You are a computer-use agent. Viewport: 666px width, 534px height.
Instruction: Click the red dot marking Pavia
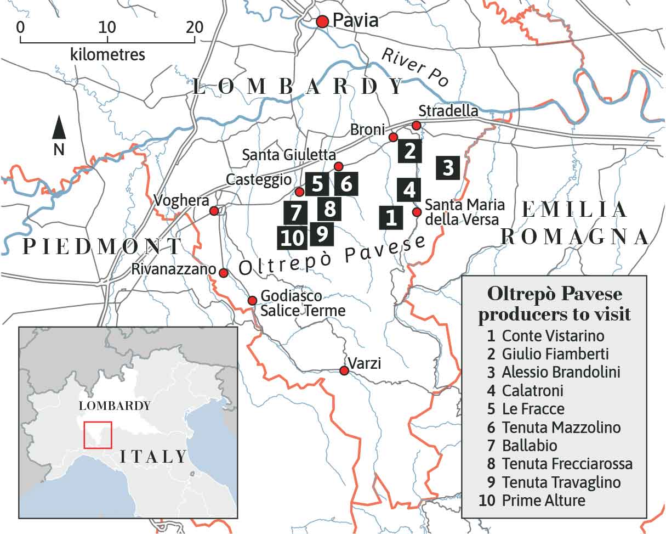(322, 21)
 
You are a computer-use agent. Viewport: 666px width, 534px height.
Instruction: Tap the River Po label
(414, 67)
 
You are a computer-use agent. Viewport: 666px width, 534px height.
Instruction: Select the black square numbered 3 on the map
(448, 167)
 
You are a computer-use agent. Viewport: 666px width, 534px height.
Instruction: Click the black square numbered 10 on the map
(292, 238)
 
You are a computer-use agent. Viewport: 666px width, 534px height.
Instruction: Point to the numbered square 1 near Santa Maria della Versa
(391, 217)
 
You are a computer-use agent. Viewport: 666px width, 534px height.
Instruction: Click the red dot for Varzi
(344, 371)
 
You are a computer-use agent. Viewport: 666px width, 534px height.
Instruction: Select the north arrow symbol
(59, 129)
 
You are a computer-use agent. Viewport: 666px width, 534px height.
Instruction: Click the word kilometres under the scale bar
(107, 54)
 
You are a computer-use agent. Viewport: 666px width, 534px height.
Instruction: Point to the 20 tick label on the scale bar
(194, 27)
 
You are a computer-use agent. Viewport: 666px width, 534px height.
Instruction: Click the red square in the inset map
(98, 435)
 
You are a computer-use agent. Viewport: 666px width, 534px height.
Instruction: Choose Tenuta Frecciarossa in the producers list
(567, 464)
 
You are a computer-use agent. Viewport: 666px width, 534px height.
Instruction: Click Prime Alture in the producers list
(543, 501)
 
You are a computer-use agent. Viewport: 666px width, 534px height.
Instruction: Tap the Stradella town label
(448, 111)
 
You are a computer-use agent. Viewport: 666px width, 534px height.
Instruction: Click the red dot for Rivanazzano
(224, 273)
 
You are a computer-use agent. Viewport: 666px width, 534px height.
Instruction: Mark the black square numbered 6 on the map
(346, 184)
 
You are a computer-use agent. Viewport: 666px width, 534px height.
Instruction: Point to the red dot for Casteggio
(299, 192)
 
